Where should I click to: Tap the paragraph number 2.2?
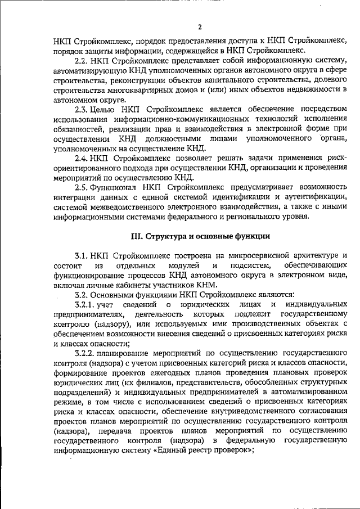click(82, 60)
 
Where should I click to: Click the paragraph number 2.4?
click(82, 157)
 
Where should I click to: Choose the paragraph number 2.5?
click(82, 186)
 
